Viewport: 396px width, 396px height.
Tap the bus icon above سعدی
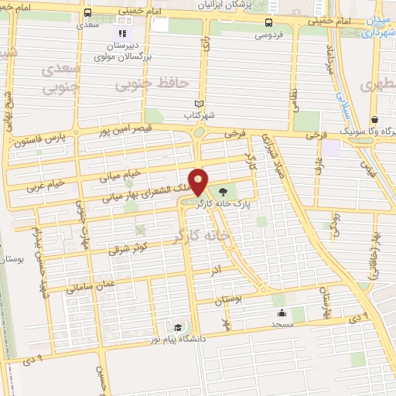(x=88, y=12)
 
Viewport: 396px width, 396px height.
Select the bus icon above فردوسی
(x=268, y=22)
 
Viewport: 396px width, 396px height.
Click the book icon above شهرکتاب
(x=200, y=104)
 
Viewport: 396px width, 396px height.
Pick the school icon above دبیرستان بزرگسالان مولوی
(x=120, y=33)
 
